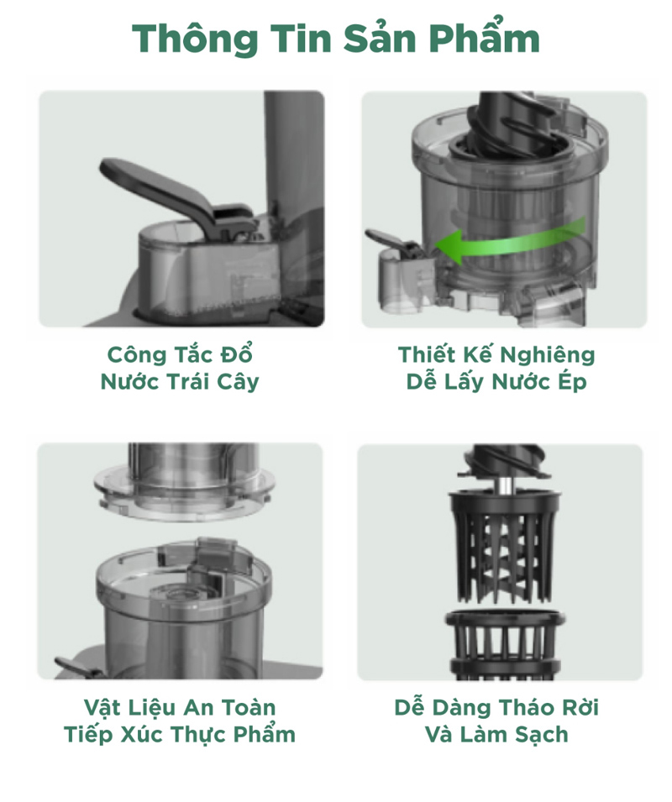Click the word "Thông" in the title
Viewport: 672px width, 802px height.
[x=195, y=39]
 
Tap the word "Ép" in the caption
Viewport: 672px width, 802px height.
[x=572, y=382]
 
